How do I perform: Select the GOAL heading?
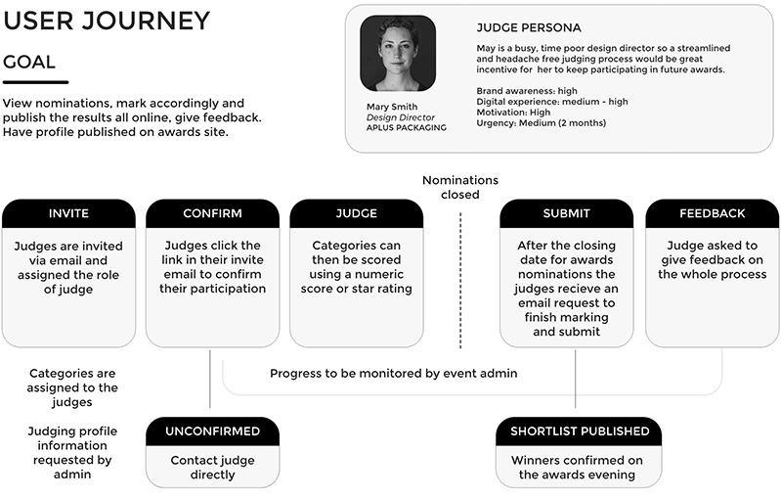[x=29, y=63]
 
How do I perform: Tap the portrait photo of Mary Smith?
[x=397, y=54]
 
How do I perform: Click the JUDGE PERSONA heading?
[x=528, y=27]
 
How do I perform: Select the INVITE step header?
[x=68, y=213]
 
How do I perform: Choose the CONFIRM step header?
[x=212, y=213]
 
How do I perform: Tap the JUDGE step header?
[x=356, y=213]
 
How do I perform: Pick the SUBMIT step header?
[x=566, y=213]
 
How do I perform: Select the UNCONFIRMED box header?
[x=212, y=431]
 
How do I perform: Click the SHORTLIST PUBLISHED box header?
[x=580, y=431]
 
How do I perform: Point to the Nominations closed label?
[x=460, y=187]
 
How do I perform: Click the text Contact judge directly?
[x=212, y=467]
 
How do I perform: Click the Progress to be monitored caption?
[x=393, y=373]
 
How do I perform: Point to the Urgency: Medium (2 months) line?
[x=541, y=123]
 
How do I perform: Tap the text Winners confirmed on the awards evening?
[x=580, y=467]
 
